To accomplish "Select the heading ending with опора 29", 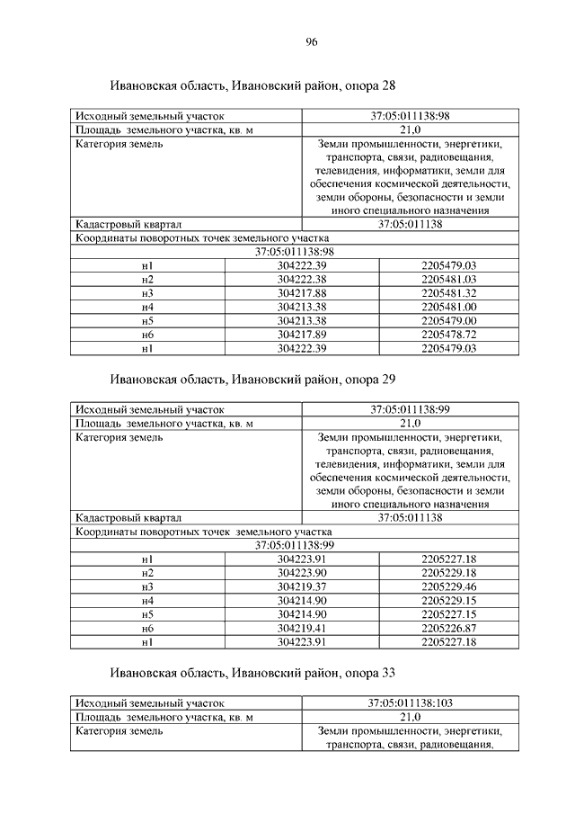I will point(252,380).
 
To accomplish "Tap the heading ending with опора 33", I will point(252,672).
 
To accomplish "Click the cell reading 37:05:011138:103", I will point(410,702).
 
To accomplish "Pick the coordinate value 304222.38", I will point(302,280).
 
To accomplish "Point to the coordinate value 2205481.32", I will point(448,293).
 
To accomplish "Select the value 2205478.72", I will point(448,334).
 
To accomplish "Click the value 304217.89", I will point(302,334).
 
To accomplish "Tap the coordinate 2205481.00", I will point(448,307).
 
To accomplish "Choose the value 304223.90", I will point(302,573).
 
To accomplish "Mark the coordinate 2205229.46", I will point(448,586).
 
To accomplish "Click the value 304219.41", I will point(302,627).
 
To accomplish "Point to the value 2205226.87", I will point(448,627).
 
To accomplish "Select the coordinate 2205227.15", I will point(448,613).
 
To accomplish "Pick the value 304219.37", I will point(302,586).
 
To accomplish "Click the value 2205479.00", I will point(448,320).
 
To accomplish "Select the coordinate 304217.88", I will point(302,293).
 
